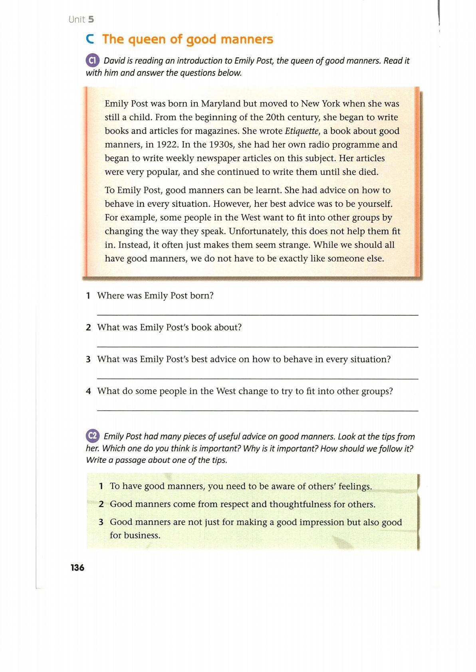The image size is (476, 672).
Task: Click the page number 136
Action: point(77,567)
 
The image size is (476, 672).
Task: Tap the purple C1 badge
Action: point(92,61)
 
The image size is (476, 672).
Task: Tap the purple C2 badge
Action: point(92,436)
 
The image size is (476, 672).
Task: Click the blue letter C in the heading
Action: point(90,39)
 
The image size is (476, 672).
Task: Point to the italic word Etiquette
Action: point(301,131)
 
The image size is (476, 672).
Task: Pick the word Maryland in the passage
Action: point(221,104)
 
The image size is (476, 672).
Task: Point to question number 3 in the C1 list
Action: point(88,360)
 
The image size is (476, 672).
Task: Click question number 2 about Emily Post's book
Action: point(88,328)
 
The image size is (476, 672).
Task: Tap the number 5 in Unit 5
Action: point(91,20)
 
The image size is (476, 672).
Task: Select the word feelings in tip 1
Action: point(355,486)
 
